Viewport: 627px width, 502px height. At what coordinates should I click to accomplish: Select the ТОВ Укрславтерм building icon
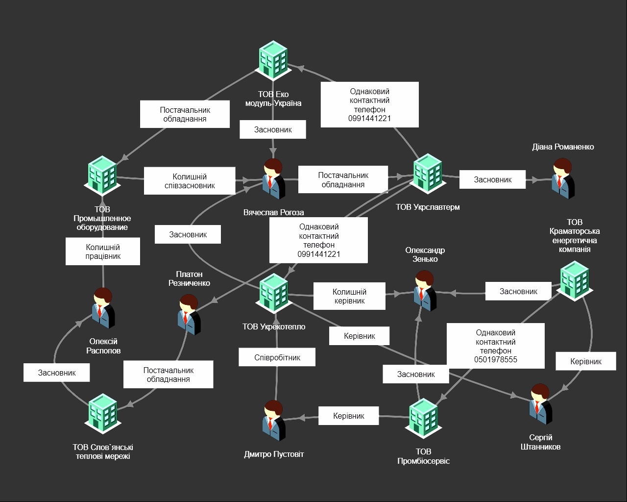[427, 172]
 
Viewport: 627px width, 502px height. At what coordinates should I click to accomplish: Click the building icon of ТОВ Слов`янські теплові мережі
[103, 414]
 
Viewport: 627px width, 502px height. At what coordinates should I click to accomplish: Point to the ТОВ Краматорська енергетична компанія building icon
[575, 280]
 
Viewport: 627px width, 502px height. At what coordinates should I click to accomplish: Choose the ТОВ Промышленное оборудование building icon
[102, 175]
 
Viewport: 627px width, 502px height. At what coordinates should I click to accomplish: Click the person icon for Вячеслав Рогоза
[274, 179]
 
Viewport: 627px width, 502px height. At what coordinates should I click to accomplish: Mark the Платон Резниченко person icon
[189, 314]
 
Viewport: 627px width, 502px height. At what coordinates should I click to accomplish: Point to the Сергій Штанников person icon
[540, 404]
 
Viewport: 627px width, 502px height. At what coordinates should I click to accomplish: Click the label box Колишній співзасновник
[190, 181]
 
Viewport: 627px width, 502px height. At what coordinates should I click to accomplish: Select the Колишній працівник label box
[103, 251]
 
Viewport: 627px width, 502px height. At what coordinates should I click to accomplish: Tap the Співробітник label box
[277, 357]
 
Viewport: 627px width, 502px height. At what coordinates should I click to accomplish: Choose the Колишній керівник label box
[349, 296]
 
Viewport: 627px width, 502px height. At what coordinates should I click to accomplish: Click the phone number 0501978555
[496, 360]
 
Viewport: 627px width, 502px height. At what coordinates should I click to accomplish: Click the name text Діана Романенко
[563, 147]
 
